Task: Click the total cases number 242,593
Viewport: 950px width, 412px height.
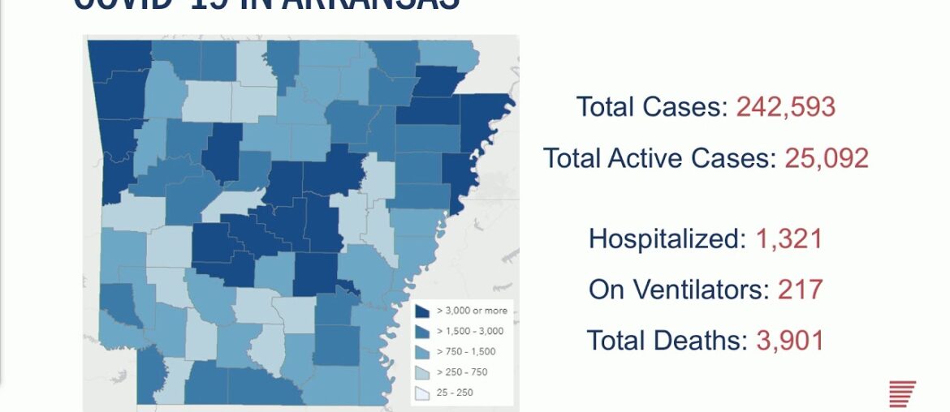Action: [785, 107]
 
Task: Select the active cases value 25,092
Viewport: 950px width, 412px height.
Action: [826, 158]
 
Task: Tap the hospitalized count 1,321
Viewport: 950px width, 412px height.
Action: [788, 239]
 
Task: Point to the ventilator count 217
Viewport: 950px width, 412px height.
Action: [800, 290]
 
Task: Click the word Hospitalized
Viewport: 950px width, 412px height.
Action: [664, 239]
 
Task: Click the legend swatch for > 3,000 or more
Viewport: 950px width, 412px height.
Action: [422, 311]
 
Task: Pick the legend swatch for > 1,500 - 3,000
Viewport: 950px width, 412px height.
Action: [422, 331]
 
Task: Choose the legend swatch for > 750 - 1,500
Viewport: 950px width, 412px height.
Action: [422, 352]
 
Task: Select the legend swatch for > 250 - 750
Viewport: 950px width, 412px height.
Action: [422, 372]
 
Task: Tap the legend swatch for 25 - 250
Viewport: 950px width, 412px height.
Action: [422, 393]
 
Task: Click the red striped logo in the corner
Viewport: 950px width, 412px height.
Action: [902, 393]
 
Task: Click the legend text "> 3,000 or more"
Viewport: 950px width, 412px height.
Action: [471, 311]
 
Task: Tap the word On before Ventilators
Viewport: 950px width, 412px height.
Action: [607, 290]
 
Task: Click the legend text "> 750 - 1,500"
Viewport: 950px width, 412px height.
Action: [466, 352]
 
